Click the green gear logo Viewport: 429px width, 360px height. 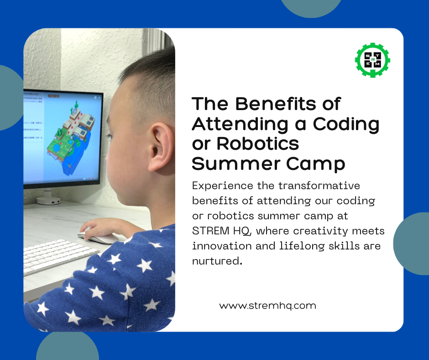[x=372, y=60]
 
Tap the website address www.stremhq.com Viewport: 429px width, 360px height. [x=267, y=306]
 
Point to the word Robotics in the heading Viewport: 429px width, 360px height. [x=257, y=143]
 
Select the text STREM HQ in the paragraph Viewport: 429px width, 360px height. [x=221, y=231]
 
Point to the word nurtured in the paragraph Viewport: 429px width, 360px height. [x=216, y=261]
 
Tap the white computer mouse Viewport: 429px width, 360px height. [x=98, y=237]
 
